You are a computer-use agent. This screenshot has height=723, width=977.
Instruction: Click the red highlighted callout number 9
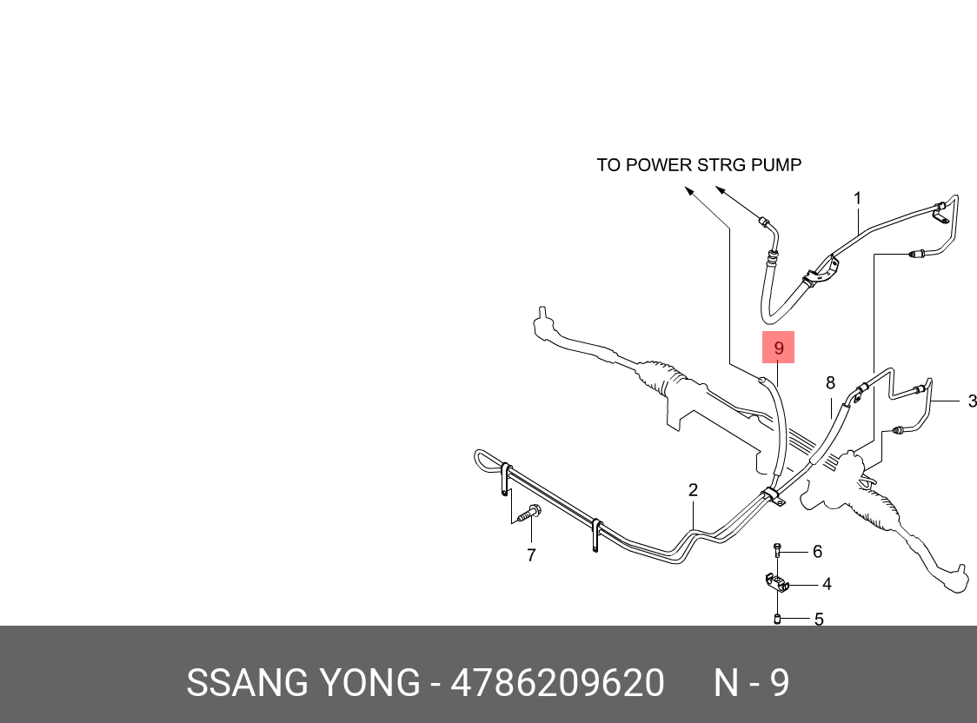[x=779, y=348]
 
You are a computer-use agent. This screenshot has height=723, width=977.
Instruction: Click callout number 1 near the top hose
[x=857, y=199]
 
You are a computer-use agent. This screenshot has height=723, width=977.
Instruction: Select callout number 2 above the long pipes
[x=693, y=490]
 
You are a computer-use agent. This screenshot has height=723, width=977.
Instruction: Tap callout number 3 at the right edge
[x=972, y=401]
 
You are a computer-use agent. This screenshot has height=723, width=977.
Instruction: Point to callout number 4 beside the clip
[x=827, y=584]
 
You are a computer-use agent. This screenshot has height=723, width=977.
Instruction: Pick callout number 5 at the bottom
[x=818, y=620]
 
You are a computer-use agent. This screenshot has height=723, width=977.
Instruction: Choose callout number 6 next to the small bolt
[x=816, y=551]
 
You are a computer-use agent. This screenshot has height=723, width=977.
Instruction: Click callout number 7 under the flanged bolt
[x=531, y=554]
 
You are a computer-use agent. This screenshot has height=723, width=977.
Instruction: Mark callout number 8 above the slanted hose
[x=830, y=382]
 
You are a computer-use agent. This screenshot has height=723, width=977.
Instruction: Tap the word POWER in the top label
[x=648, y=164]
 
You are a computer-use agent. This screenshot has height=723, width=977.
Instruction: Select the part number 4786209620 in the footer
[x=557, y=683]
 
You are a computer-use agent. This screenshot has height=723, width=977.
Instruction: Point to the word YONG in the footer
[x=371, y=683]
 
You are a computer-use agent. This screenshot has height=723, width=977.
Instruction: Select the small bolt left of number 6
[x=778, y=549]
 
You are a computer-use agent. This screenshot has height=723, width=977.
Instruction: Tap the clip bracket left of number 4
[x=775, y=583]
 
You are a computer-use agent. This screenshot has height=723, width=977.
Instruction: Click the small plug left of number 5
[x=778, y=619]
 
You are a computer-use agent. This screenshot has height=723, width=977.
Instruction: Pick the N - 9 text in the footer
[x=752, y=683]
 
